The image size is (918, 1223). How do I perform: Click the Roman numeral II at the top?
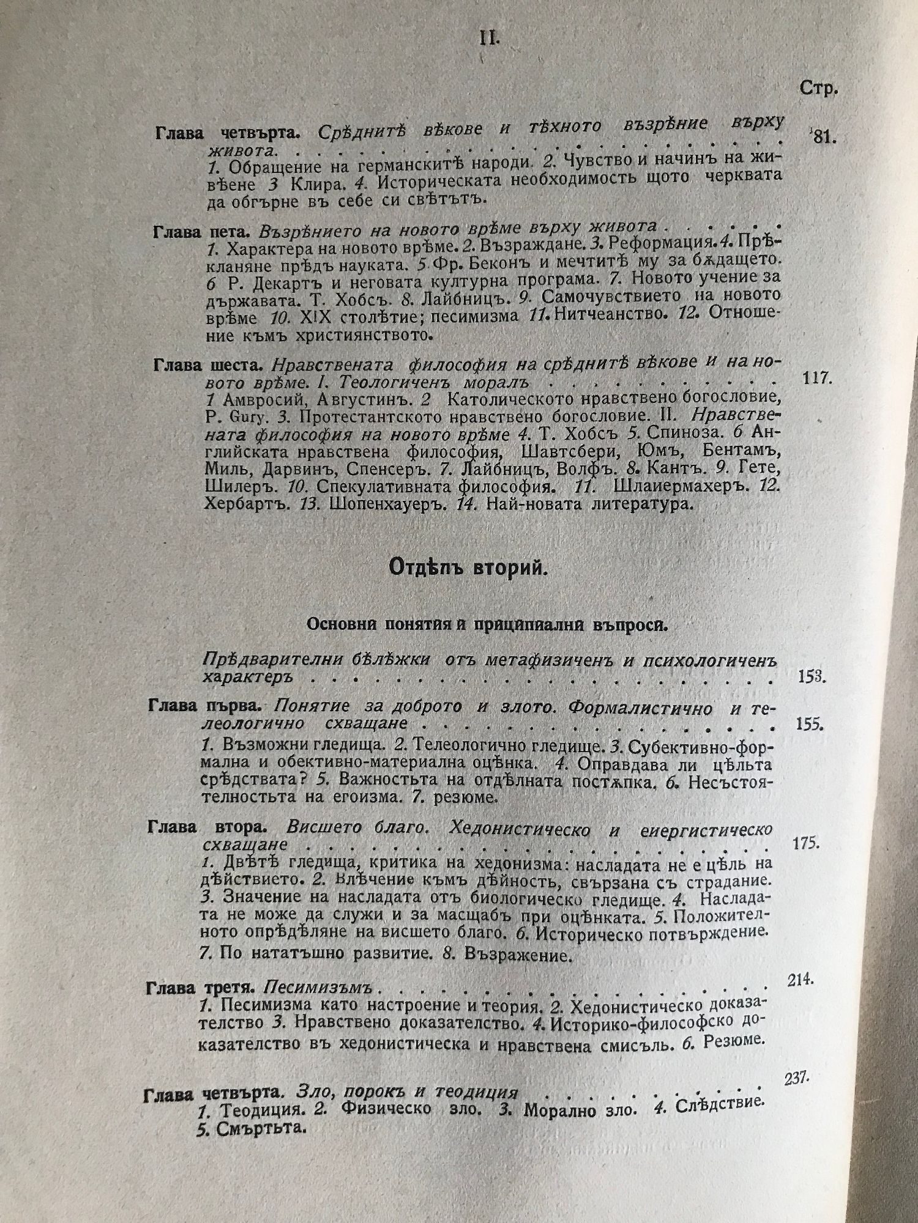[x=488, y=40]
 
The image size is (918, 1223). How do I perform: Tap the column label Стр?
[x=818, y=89]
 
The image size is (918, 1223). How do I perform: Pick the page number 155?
[x=809, y=725]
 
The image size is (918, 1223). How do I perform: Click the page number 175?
[x=805, y=843]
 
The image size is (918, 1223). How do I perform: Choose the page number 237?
[x=795, y=1080]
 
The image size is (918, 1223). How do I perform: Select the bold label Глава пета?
[x=201, y=231]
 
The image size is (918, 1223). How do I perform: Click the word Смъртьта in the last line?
[x=260, y=1128]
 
